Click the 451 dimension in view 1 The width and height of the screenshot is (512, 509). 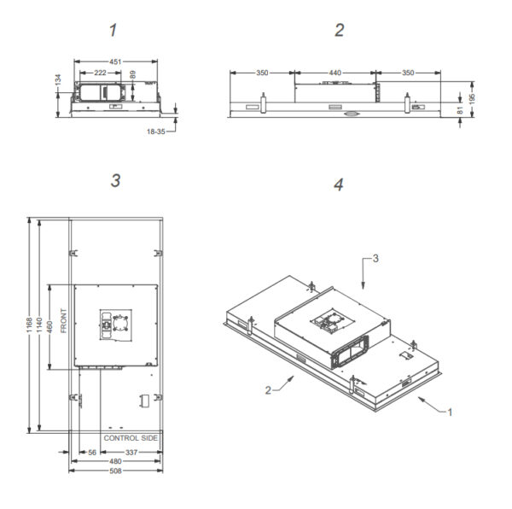point(115,61)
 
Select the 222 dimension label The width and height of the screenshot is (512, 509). point(100,73)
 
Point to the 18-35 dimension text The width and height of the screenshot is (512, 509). point(156,132)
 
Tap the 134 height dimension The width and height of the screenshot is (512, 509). point(58,79)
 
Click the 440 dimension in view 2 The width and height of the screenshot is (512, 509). point(335,73)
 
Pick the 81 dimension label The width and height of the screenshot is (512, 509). point(460,110)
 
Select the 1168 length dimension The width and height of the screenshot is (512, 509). point(29,325)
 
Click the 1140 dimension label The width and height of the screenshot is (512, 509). point(39,325)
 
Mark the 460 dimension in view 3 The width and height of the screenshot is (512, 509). point(49,327)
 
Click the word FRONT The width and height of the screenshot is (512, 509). point(64,321)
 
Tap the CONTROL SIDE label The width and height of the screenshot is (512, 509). point(131,438)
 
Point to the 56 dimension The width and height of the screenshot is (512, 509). point(92,452)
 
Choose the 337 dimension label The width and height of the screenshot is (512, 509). point(131,452)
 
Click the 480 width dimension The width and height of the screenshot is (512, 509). point(115,461)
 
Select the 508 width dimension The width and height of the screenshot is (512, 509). point(115,471)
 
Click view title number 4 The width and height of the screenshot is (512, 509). point(339,184)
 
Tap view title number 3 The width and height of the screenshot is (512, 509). point(115,181)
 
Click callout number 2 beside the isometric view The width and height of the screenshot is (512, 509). point(268,390)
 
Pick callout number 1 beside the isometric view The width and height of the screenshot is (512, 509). point(450,412)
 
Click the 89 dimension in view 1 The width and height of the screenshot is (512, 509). point(133,75)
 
